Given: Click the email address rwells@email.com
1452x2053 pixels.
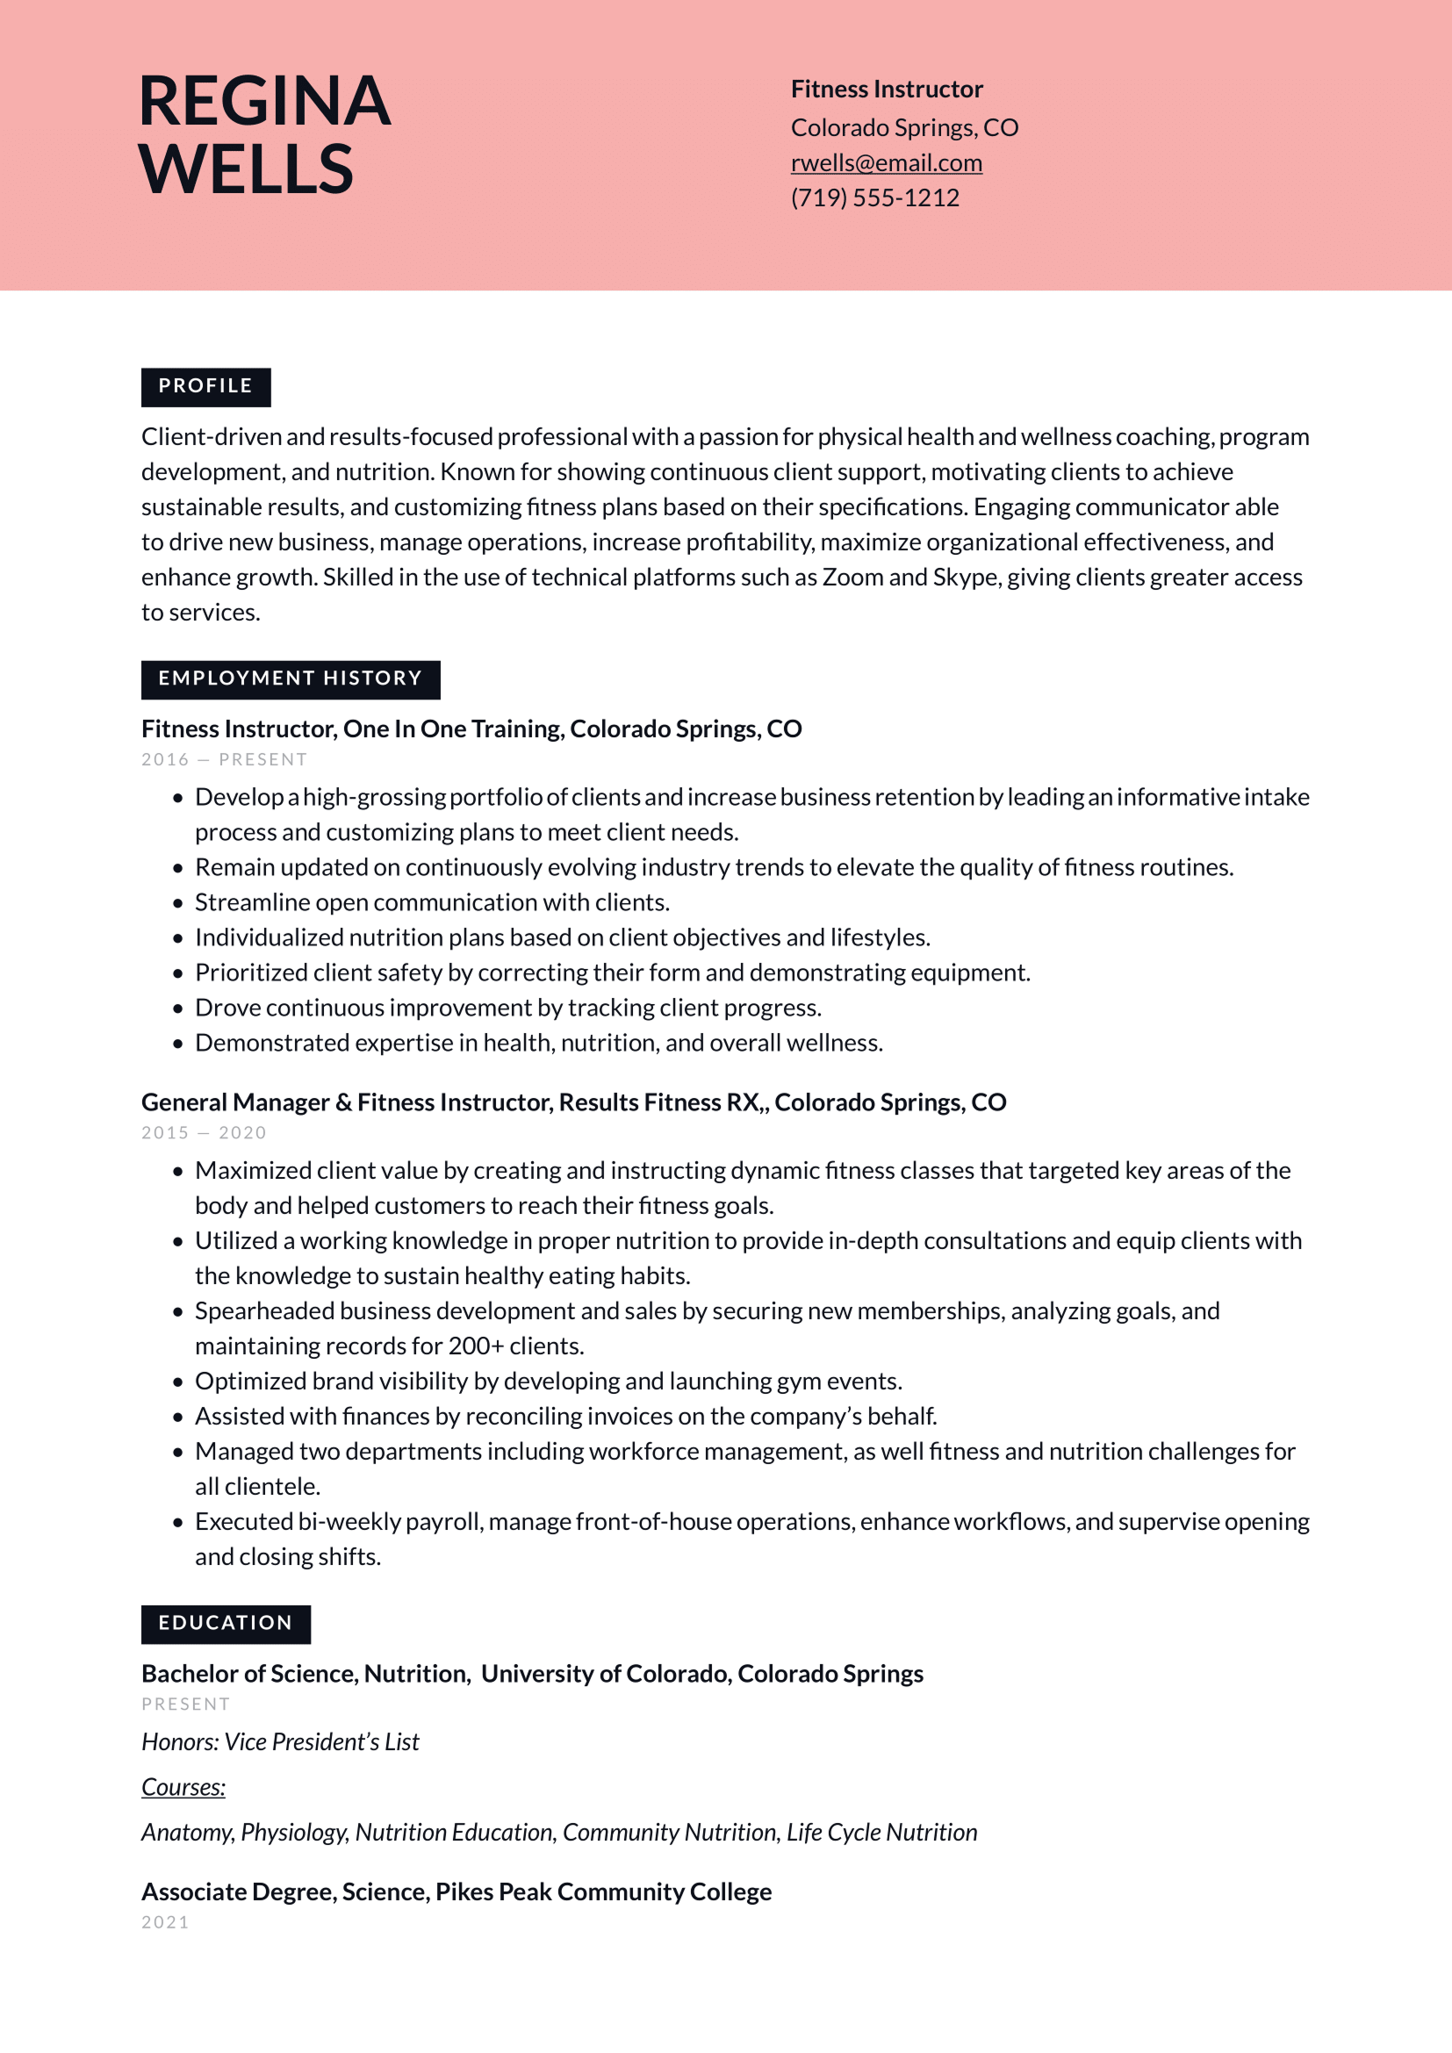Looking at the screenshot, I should (x=886, y=163).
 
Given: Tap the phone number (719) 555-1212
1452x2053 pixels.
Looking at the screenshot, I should (x=874, y=197).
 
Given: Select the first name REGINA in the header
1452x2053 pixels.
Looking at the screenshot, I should (x=264, y=101).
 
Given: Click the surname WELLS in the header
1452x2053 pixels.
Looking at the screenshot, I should (x=246, y=169).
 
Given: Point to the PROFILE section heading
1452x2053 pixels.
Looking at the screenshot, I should (x=205, y=386).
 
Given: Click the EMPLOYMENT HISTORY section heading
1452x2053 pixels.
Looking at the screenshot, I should (x=290, y=678).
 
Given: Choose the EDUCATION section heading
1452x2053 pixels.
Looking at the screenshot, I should (x=226, y=1623).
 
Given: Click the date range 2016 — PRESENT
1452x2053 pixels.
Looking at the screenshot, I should (x=224, y=760).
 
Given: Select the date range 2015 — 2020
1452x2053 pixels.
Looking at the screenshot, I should (x=204, y=1133).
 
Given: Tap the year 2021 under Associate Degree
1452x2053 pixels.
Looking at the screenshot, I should (x=165, y=1922).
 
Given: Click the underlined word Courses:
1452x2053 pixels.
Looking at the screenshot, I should (x=183, y=1787).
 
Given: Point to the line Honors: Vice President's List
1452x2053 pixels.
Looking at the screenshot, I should (x=280, y=1741).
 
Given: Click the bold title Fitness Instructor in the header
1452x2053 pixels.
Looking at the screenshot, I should (x=886, y=90).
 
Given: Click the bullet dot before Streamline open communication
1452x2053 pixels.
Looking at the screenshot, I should (x=178, y=903).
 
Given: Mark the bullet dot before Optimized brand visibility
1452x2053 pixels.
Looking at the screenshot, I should (x=178, y=1382).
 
